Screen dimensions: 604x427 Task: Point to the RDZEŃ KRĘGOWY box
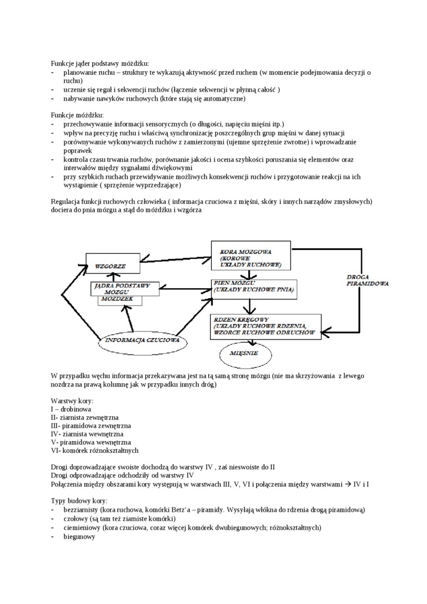265,326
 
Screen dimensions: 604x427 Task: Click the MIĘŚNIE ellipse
244,353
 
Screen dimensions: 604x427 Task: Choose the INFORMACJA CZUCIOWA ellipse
143,340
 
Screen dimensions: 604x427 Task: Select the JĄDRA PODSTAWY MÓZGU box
123,289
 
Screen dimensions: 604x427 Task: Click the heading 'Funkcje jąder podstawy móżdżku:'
100,64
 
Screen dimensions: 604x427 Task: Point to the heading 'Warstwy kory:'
71,401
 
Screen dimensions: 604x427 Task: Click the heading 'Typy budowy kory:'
79,501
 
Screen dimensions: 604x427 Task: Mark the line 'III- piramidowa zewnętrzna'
90,426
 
